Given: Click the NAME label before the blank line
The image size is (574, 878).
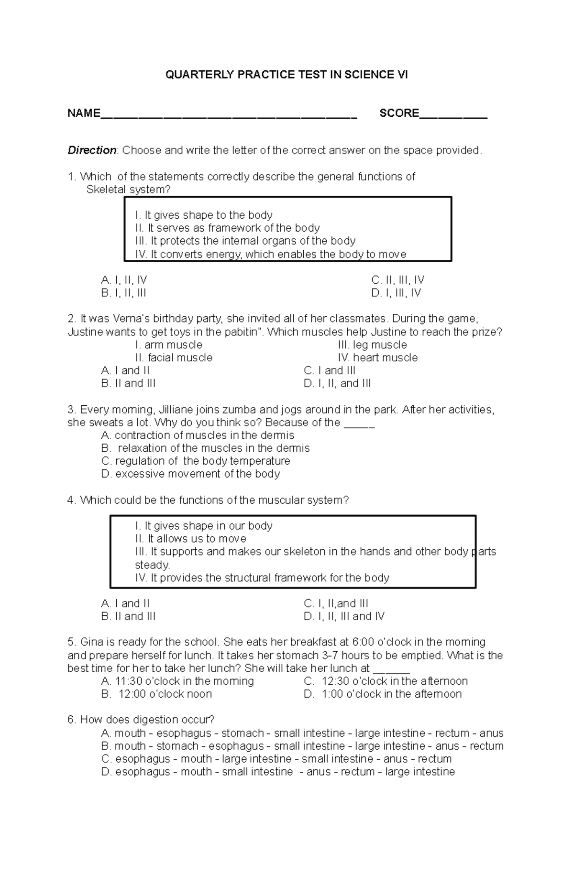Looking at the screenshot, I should coord(84,113).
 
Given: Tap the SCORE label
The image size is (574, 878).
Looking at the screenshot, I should coord(399,113).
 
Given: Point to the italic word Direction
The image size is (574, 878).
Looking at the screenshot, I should coord(92,150).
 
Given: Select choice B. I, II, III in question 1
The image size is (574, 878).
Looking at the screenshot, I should coord(123,293).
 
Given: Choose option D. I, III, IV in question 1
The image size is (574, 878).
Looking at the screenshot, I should coord(396,293).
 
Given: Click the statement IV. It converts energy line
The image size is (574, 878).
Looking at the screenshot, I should coord(271,254).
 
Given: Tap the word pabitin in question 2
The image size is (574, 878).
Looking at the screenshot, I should coord(244,332).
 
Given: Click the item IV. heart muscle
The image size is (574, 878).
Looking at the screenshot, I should coord(377,357).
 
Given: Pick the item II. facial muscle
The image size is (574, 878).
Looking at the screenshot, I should coord(174,357).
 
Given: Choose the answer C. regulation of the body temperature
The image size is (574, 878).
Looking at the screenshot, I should coord(196,461).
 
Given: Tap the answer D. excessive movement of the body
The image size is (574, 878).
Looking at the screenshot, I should coord(190,474).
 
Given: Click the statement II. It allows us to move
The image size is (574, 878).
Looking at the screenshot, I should coord(191,539).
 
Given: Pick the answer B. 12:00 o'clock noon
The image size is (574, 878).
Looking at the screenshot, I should coord(156,694).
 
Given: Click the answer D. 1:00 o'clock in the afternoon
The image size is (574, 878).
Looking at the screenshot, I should coord(383,694).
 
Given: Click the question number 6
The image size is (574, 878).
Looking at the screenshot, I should coord(72,720).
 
